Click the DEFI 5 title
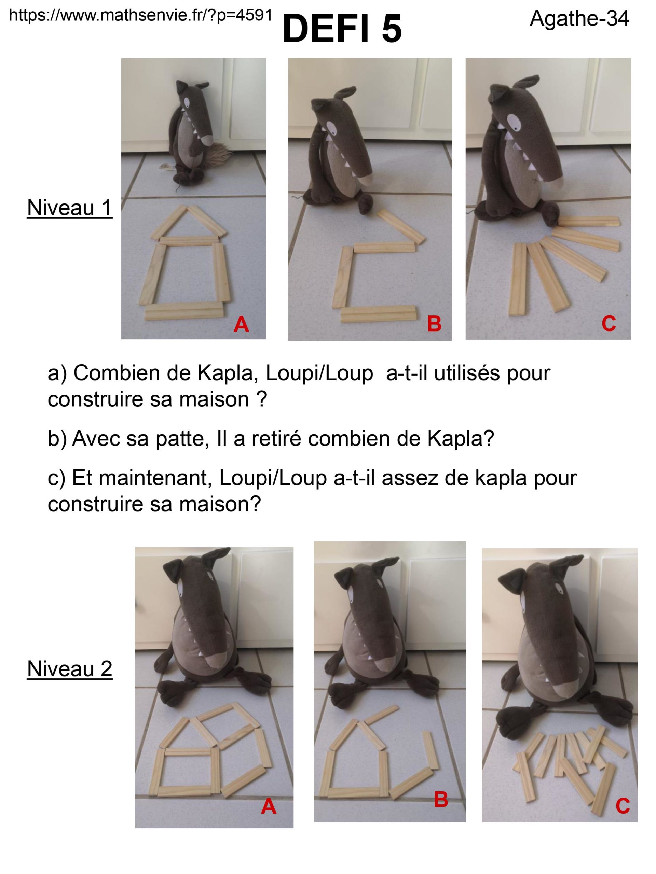coord(342,29)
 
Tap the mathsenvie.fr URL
coord(141,15)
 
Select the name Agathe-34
coord(579,18)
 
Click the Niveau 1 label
coord(70,208)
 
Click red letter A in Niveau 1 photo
coord(241,325)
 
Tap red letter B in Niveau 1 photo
coord(434,324)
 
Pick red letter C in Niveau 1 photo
coord(609,324)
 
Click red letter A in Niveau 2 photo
coord(269,806)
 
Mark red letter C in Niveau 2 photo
coord(623,806)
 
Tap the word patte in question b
coord(180,439)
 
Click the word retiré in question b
coord(270,439)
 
